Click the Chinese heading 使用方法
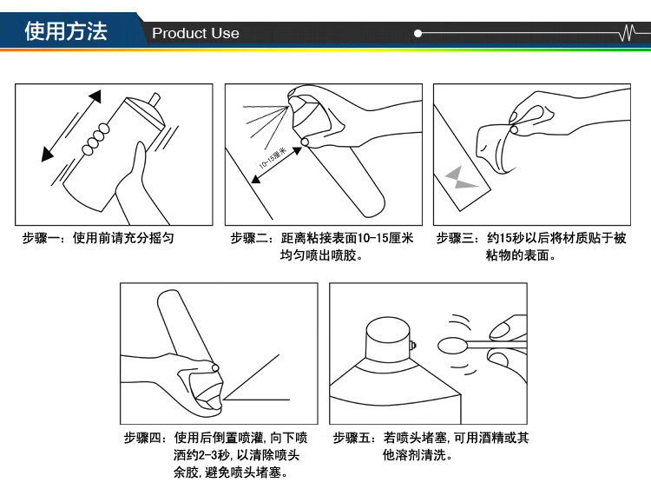point(66,31)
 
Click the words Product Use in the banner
point(195,33)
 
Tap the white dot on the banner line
point(418,33)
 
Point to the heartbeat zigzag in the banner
point(628,32)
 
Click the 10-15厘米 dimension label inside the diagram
point(273,158)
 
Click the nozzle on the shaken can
point(155,99)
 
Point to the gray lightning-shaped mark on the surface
point(460,177)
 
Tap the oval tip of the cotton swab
point(452,345)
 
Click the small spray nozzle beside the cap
point(412,345)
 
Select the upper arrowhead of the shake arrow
point(95,96)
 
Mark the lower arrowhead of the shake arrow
point(48,155)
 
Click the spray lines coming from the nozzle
point(265,122)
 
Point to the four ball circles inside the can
point(95,139)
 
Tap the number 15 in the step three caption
point(506,238)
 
